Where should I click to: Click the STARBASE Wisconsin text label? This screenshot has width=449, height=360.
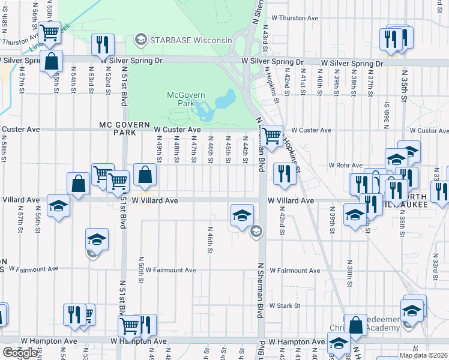pos(191,40)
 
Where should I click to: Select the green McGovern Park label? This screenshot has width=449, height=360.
pos(186,100)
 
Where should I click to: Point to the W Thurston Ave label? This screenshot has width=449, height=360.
pos(295,18)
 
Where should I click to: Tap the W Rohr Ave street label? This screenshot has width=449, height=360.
pos(345,165)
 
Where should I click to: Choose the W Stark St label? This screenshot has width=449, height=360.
pos(284,305)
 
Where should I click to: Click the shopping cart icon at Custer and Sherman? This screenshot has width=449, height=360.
pos(272,136)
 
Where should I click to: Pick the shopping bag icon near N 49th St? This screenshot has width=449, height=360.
pos(145,175)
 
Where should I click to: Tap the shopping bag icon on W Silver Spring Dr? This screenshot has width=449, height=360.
pos(52,61)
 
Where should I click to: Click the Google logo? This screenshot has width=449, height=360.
pos(20,353)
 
